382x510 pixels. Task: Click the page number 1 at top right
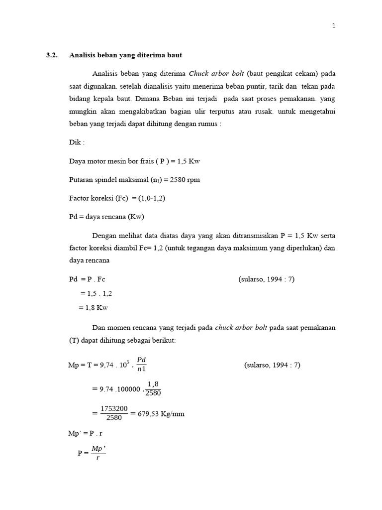pyautogui.click(x=334, y=26)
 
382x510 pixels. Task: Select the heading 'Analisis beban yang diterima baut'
pyautogui.click(x=128, y=55)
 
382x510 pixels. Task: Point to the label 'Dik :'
pyautogui.click(x=77, y=142)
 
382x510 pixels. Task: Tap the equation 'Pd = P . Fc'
pyautogui.click(x=87, y=279)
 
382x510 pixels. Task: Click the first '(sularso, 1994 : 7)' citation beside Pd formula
pyautogui.click(x=267, y=279)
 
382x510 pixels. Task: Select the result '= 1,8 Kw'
pyautogui.click(x=93, y=307)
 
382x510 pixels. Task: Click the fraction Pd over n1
pyautogui.click(x=141, y=365)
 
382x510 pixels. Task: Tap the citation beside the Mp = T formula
pyautogui.click(x=272, y=365)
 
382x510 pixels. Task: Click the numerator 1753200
pyautogui.click(x=114, y=409)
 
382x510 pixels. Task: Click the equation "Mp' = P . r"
pyautogui.click(x=85, y=433)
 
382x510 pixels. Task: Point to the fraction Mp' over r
pyautogui.click(x=98, y=452)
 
